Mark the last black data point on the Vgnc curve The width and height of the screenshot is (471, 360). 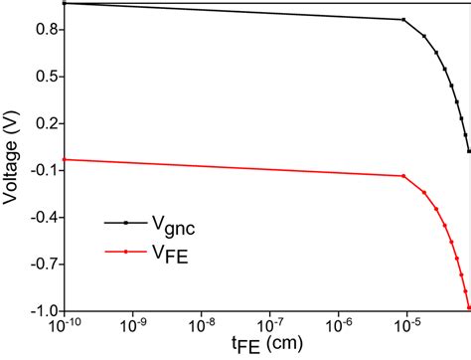tap(469, 151)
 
